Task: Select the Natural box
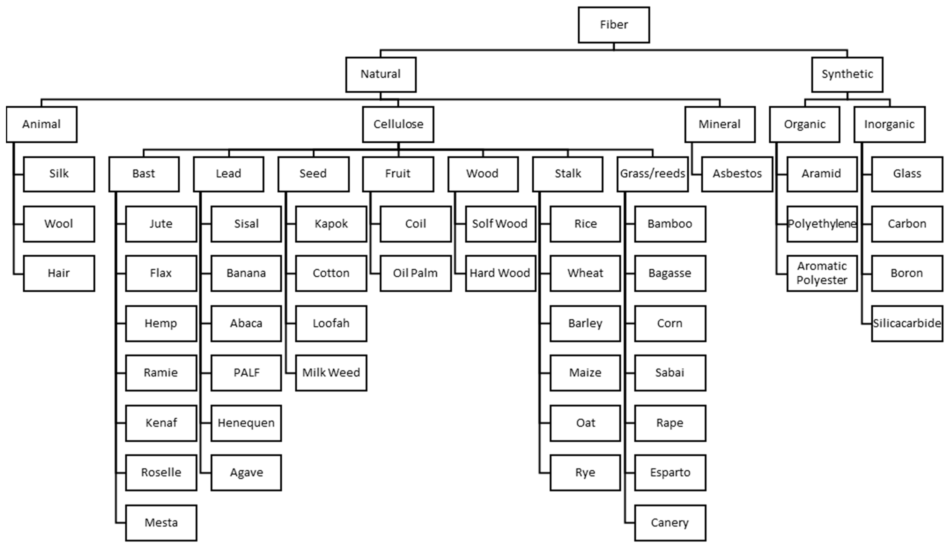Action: pos(381,74)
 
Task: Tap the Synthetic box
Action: pos(847,74)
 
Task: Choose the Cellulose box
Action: pos(398,124)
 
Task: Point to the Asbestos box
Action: pos(737,174)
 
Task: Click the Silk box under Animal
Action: pos(59,174)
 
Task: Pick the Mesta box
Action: pos(161,523)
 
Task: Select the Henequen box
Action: pos(246,423)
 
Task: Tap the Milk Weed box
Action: pos(331,373)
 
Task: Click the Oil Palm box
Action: pos(416,273)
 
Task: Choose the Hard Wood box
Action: pos(500,273)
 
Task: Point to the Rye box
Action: pos(585,473)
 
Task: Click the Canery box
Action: pos(670,523)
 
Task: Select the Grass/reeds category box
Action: pos(653,174)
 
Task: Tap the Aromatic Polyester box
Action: pos(822,273)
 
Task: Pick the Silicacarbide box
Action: pos(907,323)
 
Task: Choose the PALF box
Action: pos(246,373)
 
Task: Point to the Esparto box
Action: pos(670,473)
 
